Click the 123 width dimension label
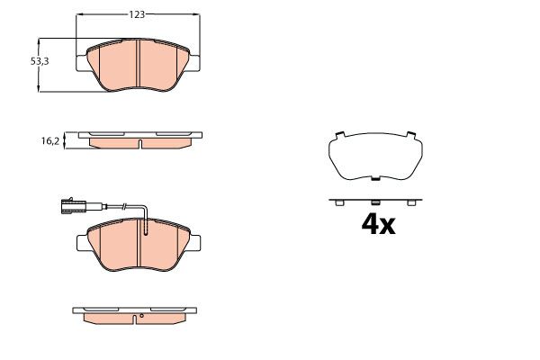click(x=137, y=14)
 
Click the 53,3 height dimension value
click(x=40, y=61)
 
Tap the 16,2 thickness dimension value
click(x=50, y=141)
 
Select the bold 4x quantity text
click(x=378, y=225)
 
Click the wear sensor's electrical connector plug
click(x=72, y=206)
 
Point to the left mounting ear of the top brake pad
click(x=81, y=63)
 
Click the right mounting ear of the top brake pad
click(x=193, y=63)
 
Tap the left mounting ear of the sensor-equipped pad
click(x=82, y=243)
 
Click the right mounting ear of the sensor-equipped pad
click(x=194, y=243)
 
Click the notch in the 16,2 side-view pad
click(x=139, y=143)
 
